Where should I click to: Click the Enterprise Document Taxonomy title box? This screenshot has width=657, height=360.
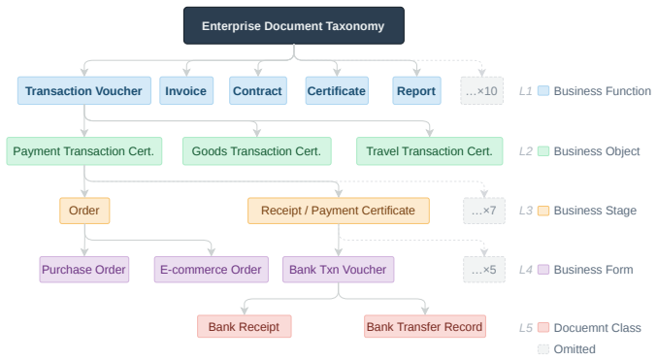294,25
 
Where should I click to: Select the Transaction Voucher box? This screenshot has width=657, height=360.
84,90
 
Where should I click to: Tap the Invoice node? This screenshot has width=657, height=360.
186,90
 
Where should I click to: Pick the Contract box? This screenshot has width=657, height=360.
258,90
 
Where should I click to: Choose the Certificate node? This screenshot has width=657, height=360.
337,90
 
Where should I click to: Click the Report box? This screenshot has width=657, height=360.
416,90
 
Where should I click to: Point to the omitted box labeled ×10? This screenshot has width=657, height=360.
482,90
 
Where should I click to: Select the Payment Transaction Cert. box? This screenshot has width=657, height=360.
84,150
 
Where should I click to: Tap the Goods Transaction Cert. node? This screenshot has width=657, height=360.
257,150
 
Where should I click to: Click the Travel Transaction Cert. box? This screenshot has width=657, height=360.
430,150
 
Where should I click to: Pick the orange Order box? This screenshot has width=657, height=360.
84,211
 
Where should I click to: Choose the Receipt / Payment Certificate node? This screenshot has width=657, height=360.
339,211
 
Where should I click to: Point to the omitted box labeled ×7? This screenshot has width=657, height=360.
484,211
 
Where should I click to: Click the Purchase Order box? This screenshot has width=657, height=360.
84,270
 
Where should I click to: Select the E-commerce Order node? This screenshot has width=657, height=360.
212,270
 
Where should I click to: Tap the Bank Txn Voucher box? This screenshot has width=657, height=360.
338,270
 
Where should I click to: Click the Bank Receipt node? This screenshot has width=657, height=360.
245,326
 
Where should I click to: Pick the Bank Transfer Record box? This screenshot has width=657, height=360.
425,326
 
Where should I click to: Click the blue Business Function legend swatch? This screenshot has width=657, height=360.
543,91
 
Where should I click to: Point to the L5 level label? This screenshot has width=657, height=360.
526,328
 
